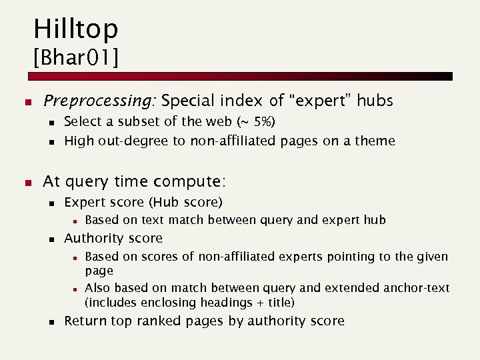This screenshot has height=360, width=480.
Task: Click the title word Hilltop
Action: (x=75, y=29)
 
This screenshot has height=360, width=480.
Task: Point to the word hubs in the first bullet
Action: (x=375, y=101)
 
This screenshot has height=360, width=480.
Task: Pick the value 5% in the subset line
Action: (x=262, y=122)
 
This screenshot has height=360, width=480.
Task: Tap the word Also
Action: (x=98, y=288)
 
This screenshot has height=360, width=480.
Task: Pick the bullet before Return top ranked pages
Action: (x=51, y=322)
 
